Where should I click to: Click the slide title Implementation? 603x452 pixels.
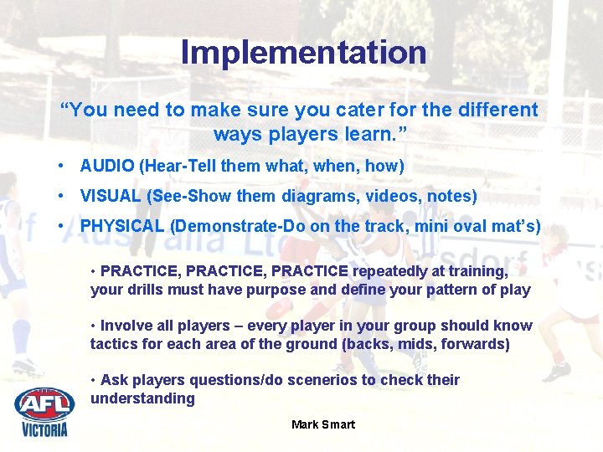(303, 52)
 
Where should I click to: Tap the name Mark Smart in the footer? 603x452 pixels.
(322, 424)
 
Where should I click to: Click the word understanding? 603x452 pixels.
(142, 398)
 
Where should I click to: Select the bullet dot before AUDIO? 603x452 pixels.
(62, 166)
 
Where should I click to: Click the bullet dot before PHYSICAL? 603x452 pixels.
(62, 227)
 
